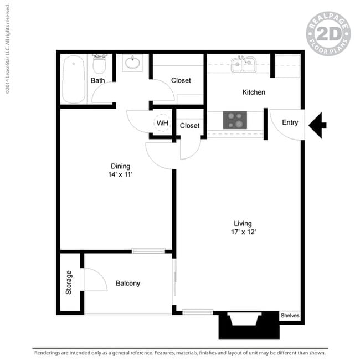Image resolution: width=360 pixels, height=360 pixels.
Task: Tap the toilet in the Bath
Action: coord(99,64)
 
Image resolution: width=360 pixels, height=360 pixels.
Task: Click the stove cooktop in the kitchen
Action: coord(235,120)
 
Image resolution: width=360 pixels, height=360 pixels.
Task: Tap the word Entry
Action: coord(290,122)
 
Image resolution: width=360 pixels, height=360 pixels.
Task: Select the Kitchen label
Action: coord(254,92)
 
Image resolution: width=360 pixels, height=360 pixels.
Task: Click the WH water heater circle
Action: coord(162,123)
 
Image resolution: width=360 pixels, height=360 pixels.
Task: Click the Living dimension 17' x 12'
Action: coord(244,232)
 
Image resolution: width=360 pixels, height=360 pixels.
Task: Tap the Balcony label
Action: coord(128,284)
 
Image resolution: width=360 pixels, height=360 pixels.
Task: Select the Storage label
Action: coord(69,282)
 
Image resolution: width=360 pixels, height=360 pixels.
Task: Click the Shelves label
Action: coord(290,316)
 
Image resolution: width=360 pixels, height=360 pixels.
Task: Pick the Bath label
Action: coord(98,81)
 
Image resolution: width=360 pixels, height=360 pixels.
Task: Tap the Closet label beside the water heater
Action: coord(190,126)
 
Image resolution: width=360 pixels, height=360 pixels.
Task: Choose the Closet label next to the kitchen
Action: coord(181,81)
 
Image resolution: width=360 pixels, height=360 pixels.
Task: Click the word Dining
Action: coord(121,166)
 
